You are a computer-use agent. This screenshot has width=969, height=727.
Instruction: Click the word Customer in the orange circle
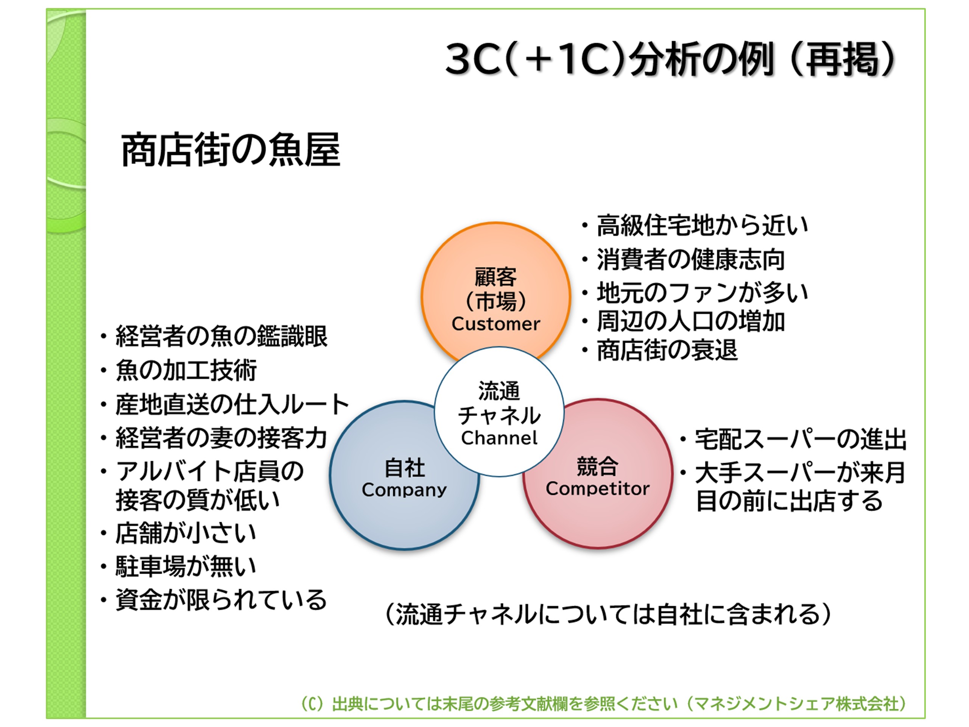pos(495,324)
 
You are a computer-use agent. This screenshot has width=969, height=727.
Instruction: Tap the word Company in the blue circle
pos(404,490)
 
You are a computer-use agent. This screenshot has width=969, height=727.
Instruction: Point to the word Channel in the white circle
pos(499,438)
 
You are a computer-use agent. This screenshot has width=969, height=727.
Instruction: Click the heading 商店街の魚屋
pos(231,150)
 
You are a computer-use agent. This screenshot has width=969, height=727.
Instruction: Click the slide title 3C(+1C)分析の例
pos(670,59)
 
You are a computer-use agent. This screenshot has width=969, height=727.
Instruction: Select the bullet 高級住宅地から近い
pos(702,225)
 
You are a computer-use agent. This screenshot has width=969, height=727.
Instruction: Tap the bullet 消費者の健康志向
pos(690,259)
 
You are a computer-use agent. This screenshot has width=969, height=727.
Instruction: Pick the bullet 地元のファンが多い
pos(702,292)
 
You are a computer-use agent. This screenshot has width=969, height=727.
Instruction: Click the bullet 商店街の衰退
pos(667,350)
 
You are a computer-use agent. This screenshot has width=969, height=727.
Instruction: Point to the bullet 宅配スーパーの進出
pos(800,439)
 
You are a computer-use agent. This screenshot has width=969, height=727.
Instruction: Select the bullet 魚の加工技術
pos(186,370)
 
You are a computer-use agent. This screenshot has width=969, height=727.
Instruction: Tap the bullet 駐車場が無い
pos(186,566)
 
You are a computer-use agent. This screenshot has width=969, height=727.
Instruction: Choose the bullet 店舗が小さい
pos(186,533)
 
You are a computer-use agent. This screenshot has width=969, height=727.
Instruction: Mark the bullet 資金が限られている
pos(221,599)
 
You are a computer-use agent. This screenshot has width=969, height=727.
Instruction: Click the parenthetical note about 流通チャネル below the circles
pos(608,614)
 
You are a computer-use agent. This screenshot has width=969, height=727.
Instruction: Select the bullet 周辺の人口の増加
pos(690,321)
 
